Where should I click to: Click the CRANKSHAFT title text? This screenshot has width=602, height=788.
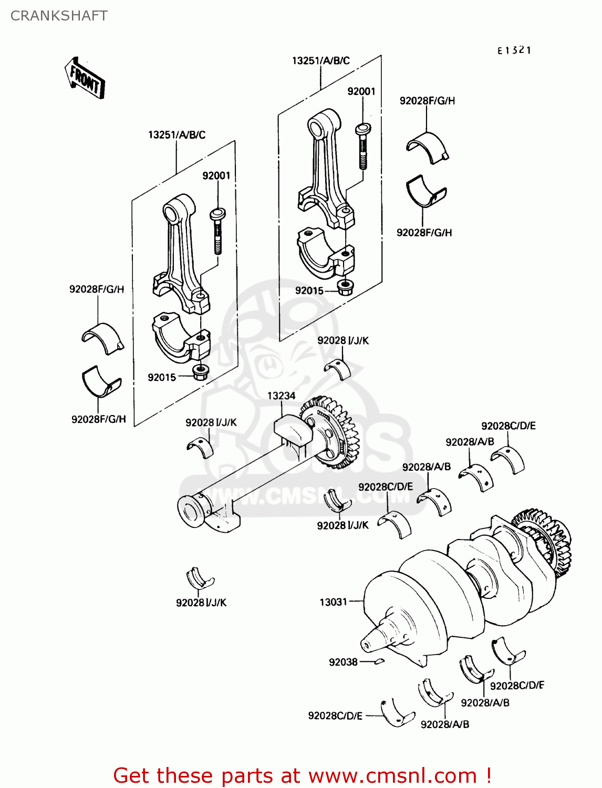pyautogui.click(x=59, y=16)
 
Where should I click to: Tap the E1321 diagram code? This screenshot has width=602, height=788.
pyautogui.click(x=514, y=50)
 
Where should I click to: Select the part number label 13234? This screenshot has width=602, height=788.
pyautogui.click(x=281, y=396)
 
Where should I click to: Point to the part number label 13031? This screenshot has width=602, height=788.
pyautogui.click(x=333, y=602)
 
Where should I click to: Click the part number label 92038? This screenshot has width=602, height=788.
pyautogui.click(x=343, y=662)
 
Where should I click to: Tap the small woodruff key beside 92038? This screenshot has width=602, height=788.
pyautogui.click(x=380, y=661)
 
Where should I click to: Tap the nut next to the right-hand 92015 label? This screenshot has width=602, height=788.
pyautogui.click(x=345, y=287)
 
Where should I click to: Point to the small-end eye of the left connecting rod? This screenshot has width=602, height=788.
pyautogui.click(x=172, y=213)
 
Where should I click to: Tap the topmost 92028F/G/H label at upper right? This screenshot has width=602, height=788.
pyautogui.click(x=427, y=100)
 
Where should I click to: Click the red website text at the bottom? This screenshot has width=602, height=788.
pyautogui.click(x=302, y=775)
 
